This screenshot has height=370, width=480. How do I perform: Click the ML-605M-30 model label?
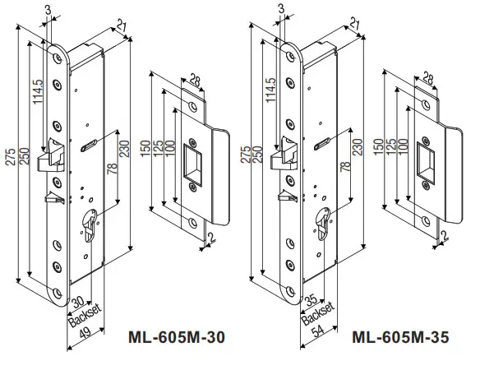tap(175, 336)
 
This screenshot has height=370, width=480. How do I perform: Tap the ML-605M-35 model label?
tap(399, 336)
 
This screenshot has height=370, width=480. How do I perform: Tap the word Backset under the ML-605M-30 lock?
tap(81, 314)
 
